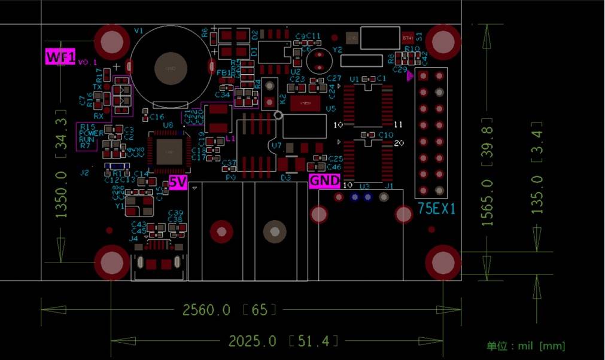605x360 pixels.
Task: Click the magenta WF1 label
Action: [60, 57]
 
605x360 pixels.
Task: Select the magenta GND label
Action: [324, 181]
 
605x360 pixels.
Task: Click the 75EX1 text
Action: [436, 209]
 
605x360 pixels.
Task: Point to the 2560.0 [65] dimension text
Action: [230, 310]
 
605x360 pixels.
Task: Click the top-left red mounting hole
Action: [112, 42]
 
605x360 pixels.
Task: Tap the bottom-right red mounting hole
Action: [443, 262]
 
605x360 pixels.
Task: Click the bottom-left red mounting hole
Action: [112, 262]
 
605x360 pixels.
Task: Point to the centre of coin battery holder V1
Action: [171, 67]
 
